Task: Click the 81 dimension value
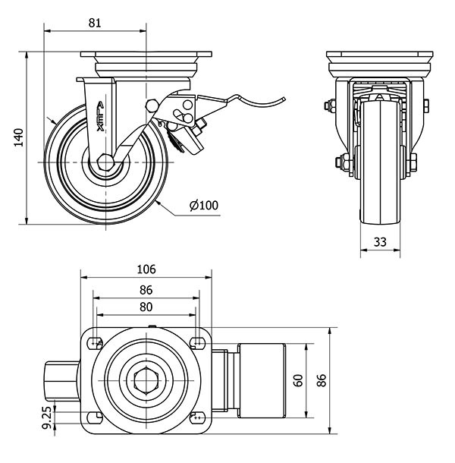[x=96, y=23]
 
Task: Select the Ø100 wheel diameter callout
[x=203, y=205]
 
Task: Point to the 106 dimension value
[x=146, y=269]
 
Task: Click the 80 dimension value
[x=146, y=307]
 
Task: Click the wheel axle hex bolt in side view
[x=104, y=162]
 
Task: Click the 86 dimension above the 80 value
[x=146, y=289]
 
